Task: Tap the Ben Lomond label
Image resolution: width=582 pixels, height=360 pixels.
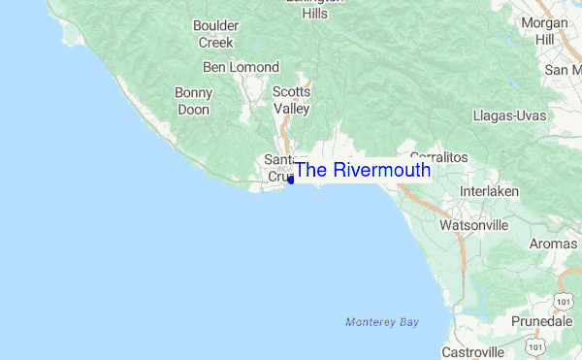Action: coord(241,67)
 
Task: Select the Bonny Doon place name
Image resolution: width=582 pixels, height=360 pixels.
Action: coord(194,101)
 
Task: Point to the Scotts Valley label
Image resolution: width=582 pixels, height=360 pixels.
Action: coord(291,100)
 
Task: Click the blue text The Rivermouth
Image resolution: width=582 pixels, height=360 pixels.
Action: coord(362,170)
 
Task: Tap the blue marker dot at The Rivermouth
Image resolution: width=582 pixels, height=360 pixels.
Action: coord(291,180)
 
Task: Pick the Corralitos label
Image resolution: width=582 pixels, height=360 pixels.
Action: coord(438,156)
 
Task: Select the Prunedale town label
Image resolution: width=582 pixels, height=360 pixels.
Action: coord(546,319)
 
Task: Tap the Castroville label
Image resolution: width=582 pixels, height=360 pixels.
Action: coord(472,351)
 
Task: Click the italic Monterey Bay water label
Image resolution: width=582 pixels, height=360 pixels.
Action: coord(383,321)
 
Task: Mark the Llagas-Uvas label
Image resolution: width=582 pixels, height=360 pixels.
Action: coord(508,115)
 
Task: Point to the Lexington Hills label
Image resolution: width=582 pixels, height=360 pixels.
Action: coord(314,8)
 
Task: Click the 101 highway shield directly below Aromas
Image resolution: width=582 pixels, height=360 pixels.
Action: coord(564,291)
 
